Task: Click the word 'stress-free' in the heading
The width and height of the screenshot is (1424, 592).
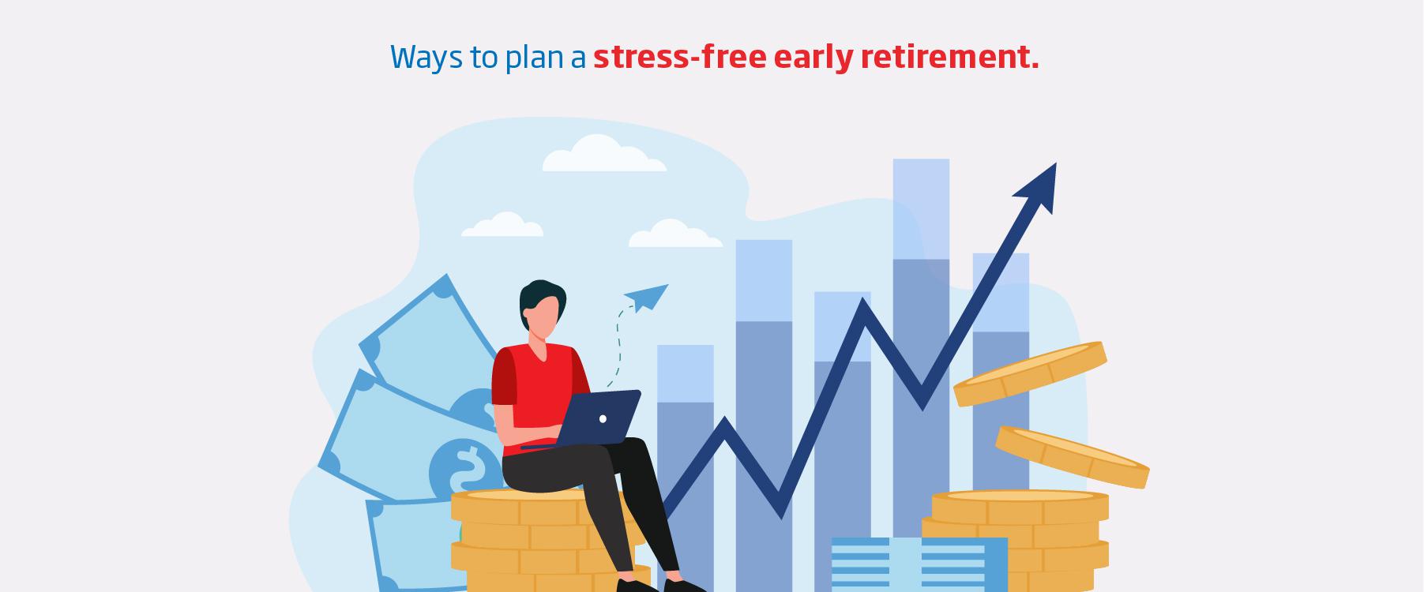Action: click(x=679, y=57)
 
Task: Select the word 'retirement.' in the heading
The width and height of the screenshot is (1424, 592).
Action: click(x=949, y=57)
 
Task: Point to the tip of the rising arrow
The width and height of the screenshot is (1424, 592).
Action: click(x=1056, y=163)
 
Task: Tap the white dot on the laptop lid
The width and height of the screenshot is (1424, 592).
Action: click(x=603, y=418)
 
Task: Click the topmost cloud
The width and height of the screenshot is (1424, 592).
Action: click(x=604, y=155)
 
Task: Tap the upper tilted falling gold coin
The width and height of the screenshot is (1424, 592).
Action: click(x=1030, y=373)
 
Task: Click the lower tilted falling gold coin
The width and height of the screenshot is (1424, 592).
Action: click(x=1072, y=457)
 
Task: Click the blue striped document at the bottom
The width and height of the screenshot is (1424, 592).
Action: click(x=919, y=564)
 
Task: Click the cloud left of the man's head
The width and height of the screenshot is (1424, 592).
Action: click(x=502, y=225)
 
